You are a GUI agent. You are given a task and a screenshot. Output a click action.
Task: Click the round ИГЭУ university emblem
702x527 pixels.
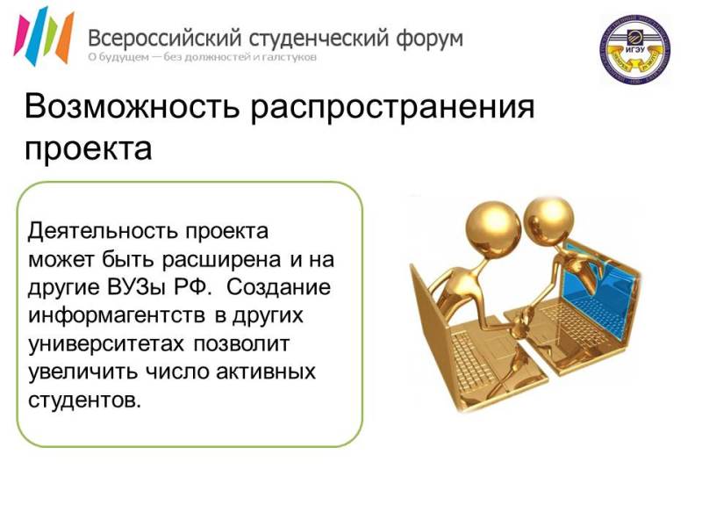634,48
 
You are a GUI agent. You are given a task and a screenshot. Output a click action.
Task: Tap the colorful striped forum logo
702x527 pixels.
43,36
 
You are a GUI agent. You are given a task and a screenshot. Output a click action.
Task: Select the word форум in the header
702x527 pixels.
429,40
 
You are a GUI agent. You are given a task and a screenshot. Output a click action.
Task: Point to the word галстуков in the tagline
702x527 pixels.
296,57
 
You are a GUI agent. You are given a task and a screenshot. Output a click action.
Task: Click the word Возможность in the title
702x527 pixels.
132,106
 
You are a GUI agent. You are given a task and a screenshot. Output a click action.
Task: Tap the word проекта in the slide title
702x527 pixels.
89,149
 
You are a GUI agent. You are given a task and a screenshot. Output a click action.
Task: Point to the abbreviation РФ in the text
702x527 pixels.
192,288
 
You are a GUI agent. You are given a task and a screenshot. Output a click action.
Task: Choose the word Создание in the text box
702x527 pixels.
278,288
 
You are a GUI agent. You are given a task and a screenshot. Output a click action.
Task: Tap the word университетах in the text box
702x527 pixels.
105,344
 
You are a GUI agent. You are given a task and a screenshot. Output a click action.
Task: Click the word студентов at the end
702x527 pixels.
84,401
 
